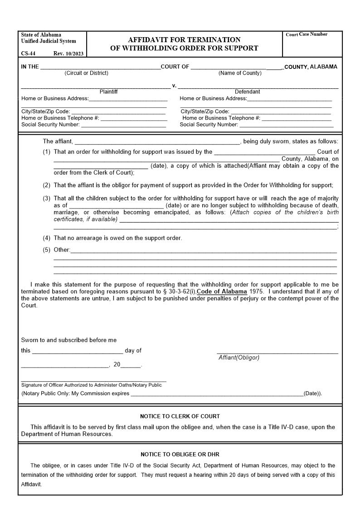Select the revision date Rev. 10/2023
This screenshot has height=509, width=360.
coord(68,53)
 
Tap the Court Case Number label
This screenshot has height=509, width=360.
coord(306,34)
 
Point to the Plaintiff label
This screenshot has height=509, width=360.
coord(108,92)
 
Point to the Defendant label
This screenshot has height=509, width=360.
coord(247,92)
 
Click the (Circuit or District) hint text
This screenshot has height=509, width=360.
coord(86,73)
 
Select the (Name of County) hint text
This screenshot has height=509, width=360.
coord(240,73)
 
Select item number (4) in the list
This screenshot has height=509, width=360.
coord(47,238)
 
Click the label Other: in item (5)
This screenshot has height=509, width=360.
coord(62,250)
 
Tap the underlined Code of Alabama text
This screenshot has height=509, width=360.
coord(222,291)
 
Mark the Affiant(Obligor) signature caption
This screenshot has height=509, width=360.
coord(239,358)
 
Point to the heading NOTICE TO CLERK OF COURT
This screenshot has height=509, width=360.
coord(180,416)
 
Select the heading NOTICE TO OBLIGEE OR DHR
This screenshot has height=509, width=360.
coord(180,454)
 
